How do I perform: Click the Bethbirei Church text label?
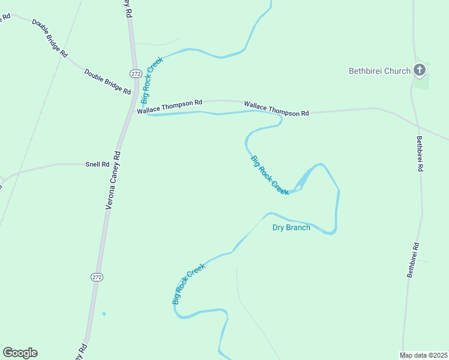(379, 71)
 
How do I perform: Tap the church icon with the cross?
(420, 71)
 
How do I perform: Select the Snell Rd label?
(97, 164)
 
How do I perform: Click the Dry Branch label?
(291, 227)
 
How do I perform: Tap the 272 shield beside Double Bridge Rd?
(135, 73)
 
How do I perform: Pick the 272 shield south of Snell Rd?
(97, 277)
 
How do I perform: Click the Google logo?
(20, 353)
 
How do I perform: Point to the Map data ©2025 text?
(424, 355)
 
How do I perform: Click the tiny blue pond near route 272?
(104, 313)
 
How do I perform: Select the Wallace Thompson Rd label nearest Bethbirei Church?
(276, 109)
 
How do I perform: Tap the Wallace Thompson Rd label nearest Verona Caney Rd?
(169, 106)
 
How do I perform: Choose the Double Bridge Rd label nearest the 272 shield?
(107, 82)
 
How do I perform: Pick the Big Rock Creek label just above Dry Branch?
(270, 175)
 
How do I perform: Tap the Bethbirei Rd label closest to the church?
(420, 154)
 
